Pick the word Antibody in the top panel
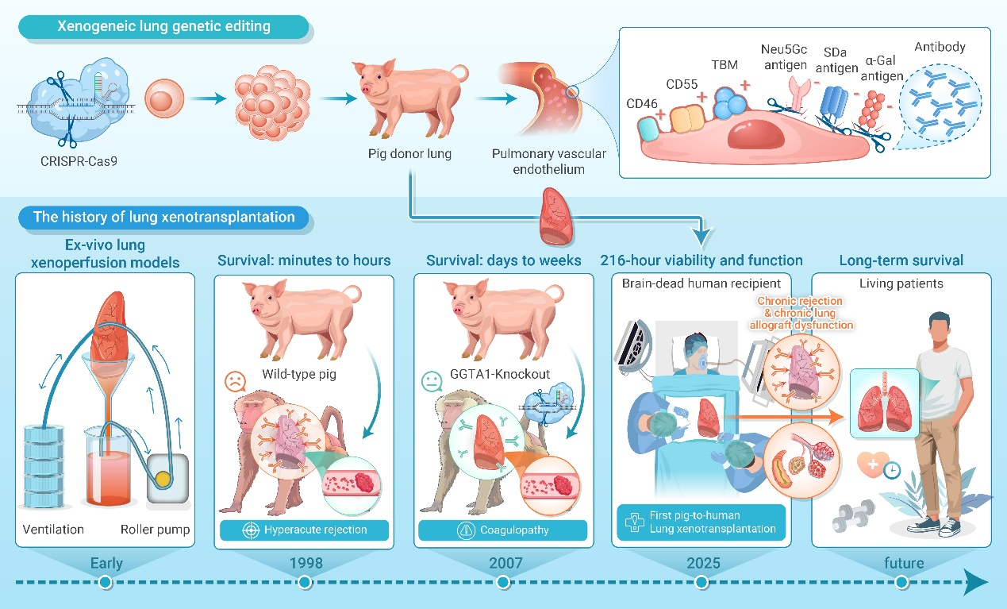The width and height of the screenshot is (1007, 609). (x=940, y=47)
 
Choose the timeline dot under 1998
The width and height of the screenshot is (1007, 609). (x=305, y=583)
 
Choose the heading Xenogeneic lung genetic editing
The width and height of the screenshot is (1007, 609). (x=163, y=26)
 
